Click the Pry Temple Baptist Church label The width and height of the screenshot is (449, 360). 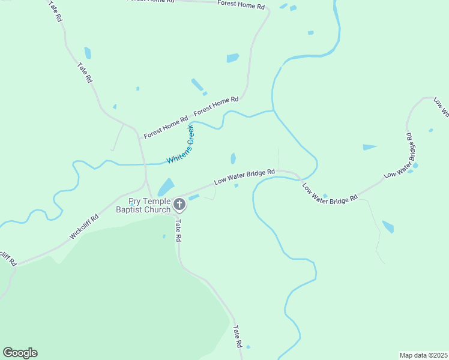click(150, 205)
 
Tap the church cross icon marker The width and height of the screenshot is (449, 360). click(179, 205)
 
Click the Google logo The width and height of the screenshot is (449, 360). click(20, 353)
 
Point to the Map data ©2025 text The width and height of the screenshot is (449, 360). click(423, 355)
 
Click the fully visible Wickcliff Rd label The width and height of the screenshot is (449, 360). click(83, 228)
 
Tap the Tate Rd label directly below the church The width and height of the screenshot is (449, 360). click(178, 230)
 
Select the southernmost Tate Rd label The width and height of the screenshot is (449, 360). click(237, 337)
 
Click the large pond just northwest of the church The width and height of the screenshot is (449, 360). click(166, 187)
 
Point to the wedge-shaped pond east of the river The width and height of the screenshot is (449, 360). click(369, 147)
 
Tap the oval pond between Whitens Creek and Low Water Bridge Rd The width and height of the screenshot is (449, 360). click(233, 158)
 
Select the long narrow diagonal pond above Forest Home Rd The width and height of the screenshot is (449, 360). click(197, 85)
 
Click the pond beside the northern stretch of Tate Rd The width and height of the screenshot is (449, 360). click(88, 53)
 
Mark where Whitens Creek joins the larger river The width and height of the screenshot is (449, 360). click(273, 111)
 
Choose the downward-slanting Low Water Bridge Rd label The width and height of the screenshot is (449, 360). click(330, 192)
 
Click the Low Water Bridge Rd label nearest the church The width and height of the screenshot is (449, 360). click(245, 176)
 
